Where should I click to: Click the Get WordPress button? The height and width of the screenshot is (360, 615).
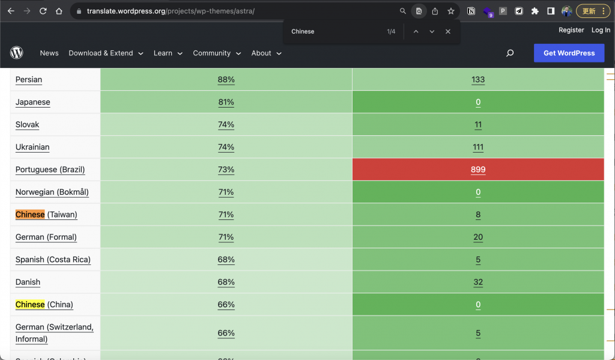coord(569,53)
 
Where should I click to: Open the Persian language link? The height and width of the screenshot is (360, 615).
coord(29,79)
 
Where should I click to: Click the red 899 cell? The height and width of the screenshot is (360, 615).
coord(478,169)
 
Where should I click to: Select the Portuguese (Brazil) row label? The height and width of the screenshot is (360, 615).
coord(50,169)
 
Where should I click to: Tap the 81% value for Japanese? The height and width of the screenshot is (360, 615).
coord(226,102)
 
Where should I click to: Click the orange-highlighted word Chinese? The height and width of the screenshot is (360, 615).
coord(30,215)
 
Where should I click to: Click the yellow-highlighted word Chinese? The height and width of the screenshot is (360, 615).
coord(30,305)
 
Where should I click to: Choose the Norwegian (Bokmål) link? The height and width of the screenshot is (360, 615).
coord(52,192)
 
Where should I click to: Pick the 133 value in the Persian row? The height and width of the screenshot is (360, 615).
coord(478,79)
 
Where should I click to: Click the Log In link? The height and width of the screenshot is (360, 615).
coord(601,30)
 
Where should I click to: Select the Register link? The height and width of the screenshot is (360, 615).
coord(571,30)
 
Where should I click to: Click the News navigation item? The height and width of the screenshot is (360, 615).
coord(49,53)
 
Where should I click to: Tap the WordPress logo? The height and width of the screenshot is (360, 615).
coord(16,53)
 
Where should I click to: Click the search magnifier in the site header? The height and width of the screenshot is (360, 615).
coord(510,53)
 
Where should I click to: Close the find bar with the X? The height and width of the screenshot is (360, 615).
coord(447,31)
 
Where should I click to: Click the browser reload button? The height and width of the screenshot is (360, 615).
coord(43,11)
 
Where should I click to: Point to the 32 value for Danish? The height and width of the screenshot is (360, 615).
coord(478,282)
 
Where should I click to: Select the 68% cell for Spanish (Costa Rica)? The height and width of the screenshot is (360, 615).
coord(226,260)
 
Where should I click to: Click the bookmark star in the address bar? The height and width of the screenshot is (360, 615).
coord(451,11)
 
